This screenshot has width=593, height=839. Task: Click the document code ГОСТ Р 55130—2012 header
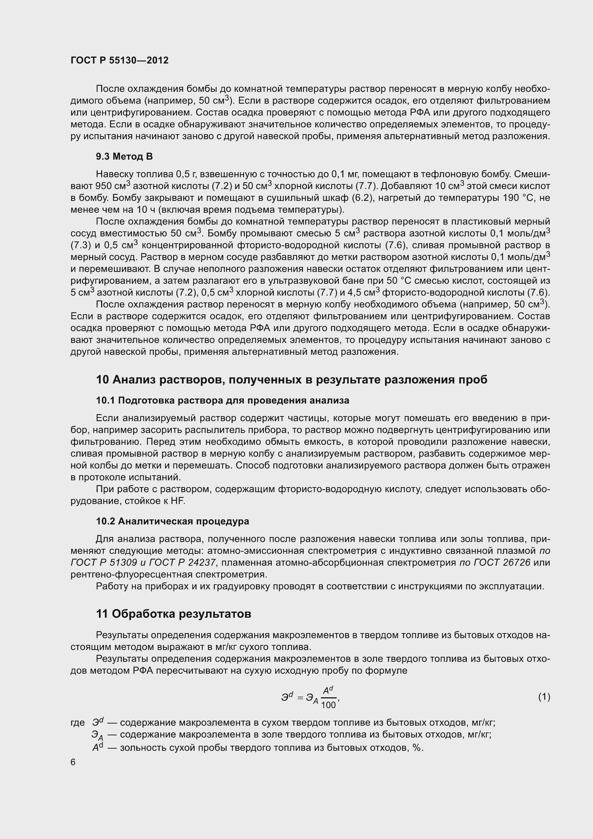(119, 60)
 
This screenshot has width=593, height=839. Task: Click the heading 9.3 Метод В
(124, 156)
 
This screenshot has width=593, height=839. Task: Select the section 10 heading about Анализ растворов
(291, 380)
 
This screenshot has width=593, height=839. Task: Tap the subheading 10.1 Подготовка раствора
(222, 401)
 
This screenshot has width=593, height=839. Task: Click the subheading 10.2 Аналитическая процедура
(172, 521)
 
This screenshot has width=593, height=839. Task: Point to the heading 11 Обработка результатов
(174, 614)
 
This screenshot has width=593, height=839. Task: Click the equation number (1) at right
(544, 697)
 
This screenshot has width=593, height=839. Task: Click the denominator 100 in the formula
(328, 705)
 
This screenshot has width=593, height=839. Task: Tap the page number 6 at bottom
(73, 762)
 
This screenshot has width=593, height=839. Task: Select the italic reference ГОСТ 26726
(501, 562)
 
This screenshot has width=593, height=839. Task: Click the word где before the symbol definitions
(77, 723)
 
